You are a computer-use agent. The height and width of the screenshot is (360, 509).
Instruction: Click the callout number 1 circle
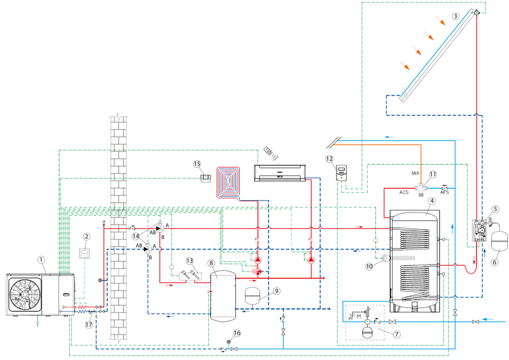[x=41, y=260]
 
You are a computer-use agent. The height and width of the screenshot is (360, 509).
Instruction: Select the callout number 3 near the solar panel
[x=456, y=15]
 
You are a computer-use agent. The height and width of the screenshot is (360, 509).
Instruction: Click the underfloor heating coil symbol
[x=228, y=182]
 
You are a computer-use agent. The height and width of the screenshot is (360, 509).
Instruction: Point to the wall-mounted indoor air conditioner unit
[x=279, y=173]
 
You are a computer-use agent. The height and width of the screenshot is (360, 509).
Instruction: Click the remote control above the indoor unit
[x=269, y=151]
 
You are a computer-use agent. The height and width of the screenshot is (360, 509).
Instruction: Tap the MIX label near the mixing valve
[x=415, y=174]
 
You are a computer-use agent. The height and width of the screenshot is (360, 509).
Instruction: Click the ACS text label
[x=404, y=192]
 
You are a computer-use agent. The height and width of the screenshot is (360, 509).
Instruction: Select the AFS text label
[x=444, y=193]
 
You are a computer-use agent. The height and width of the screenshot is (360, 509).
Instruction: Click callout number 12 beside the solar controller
[x=329, y=159]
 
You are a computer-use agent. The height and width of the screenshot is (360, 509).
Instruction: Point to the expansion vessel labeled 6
[x=499, y=240]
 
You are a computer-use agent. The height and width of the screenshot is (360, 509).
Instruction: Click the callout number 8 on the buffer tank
[x=212, y=263]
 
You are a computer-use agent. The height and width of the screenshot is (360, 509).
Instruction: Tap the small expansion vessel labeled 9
[x=252, y=296]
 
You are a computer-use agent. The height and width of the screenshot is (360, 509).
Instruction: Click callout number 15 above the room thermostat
[x=197, y=164]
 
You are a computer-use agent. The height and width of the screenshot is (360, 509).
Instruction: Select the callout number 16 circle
[x=237, y=333]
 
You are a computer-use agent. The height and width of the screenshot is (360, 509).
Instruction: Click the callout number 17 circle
[x=88, y=324]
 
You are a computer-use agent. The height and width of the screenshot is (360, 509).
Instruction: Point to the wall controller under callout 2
[x=85, y=253]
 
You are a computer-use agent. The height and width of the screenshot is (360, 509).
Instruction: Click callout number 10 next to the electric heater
[x=369, y=267]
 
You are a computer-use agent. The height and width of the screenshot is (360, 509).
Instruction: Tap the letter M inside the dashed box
[x=359, y=316]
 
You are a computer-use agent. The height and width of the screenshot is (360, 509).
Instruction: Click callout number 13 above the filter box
[x=190, y=261]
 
